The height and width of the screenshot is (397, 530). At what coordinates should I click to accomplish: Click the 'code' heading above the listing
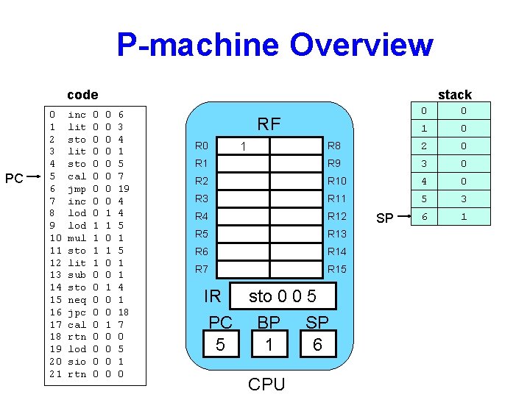82,94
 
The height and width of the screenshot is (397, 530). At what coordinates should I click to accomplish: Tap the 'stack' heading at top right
454,94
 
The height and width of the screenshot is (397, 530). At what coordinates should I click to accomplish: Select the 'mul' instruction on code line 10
77,238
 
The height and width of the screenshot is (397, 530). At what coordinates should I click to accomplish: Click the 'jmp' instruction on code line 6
77,189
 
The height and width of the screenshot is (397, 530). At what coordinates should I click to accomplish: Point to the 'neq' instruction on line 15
77,300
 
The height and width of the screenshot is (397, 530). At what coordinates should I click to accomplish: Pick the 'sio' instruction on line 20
77,362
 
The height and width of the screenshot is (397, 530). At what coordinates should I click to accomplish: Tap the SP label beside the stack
385,218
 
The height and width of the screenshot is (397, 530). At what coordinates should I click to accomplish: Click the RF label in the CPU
269,124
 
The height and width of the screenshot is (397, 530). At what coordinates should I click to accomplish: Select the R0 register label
202,146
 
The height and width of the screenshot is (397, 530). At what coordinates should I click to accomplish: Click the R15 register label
336,269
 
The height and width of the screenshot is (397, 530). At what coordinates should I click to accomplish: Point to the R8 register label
333,146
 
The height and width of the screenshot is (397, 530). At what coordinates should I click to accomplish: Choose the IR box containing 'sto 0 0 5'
283,296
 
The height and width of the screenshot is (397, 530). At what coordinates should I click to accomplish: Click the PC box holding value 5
220,344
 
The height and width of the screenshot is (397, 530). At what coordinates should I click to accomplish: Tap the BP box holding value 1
269,344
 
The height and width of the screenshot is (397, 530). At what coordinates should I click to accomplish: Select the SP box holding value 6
317,344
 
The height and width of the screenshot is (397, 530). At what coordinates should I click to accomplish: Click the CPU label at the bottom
266,383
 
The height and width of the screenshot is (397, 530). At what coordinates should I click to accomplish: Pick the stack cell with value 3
462,198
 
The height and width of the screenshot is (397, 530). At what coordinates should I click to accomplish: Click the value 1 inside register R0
244,146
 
